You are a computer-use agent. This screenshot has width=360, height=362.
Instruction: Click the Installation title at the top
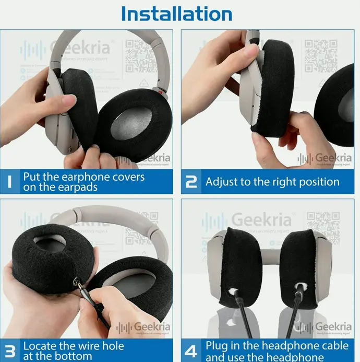pyautogui.click(x=176, y=13)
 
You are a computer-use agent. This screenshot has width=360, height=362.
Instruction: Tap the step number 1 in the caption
pyautogui.click(x=10, y=182)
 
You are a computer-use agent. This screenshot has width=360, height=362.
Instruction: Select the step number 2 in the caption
pyautogui.click(x=191, y=182)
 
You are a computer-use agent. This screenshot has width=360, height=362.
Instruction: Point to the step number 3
pyautogui.click(x=10, y=351)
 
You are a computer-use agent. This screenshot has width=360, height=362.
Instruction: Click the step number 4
pyautogui.click(x=191, y=351)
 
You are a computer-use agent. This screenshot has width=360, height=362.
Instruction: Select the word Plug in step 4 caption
pyautogui.click(x=217, y=345)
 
